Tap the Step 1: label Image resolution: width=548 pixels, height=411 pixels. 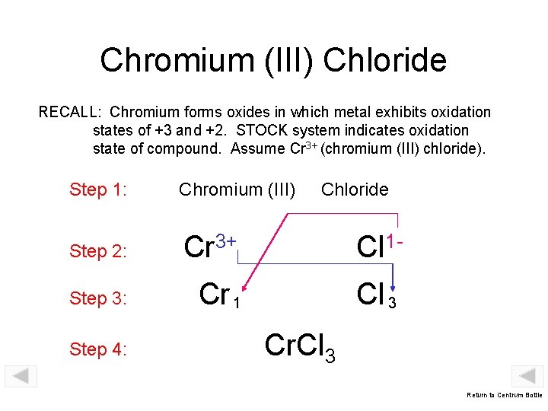tap(97, 190)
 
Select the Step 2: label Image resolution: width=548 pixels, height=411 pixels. tap(97, 251)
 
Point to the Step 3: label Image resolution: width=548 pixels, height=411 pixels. tap(97, 298)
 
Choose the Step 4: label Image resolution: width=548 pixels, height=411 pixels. tap(97, 350)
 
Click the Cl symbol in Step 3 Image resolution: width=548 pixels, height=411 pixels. tap(371, 294)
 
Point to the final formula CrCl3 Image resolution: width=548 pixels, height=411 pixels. tap(300, 346)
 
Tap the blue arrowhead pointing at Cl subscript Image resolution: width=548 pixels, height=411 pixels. tap(393, 286)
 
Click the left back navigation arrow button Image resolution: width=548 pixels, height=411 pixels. tap(21, 376)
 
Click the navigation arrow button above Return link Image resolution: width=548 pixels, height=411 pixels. tap(527, 376)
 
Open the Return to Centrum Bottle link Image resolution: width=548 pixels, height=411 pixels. tap(505, 395)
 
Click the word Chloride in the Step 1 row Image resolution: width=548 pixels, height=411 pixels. tap(355, 190)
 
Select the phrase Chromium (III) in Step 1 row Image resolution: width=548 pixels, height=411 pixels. tap(237, 190)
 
